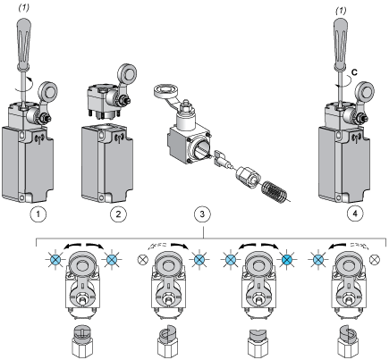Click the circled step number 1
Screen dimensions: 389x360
tap(38, 213)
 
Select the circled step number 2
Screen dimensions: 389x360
tap(118, 213)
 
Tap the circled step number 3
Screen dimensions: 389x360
tap(202, 213)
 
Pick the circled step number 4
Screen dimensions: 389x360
tap(355, 213)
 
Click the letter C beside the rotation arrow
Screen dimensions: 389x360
tap(354, 72)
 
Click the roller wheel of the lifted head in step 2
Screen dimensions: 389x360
tap(128, 73)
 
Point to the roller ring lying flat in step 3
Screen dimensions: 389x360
tap(165, 90)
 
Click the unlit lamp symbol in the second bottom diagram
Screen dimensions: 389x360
tap(143, 259)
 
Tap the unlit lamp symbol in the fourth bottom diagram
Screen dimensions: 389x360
tap(374, 260)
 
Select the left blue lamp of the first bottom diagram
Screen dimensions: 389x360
tap(55, 260)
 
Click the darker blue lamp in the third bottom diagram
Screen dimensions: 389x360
tap(287, 260)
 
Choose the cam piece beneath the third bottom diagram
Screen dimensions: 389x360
tap(258, 343)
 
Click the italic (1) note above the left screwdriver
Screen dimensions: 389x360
tap(24, 8)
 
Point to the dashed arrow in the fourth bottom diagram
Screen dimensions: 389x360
tap(359, 246)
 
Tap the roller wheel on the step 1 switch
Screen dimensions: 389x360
tap(47, 92)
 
